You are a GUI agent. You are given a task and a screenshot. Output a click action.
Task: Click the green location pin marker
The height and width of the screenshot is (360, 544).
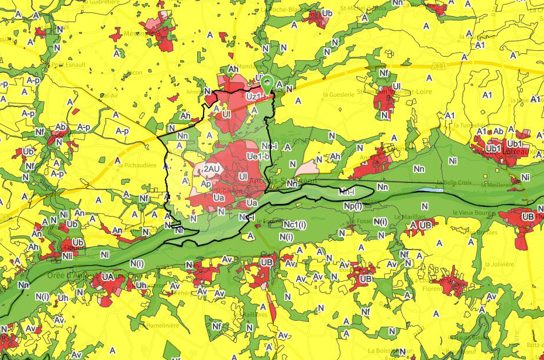(x=267, y=83)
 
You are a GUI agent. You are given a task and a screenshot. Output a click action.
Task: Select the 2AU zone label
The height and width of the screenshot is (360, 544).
(x=211, y=169)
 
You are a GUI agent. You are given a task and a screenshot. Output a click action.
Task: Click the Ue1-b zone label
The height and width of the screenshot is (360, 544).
(x=258, y=157)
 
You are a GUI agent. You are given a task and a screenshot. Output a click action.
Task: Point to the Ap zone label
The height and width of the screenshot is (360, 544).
(x=206, y=183)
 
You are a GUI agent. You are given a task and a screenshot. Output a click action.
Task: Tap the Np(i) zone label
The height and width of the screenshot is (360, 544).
(x=353, y=206)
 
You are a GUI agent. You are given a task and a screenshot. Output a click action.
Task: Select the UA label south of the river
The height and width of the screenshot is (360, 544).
(x=107, y=276)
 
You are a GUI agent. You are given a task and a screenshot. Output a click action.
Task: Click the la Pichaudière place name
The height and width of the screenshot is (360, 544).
(x=137, y=165)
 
